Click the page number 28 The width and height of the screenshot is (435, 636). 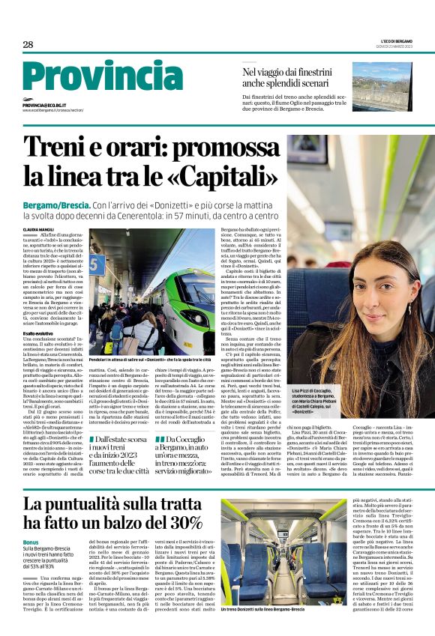pyautogui.click(x=28, y=45)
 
